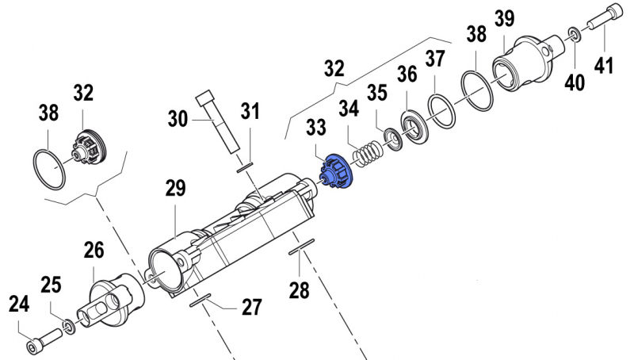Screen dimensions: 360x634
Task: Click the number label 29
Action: point(175,188)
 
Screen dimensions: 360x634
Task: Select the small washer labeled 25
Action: point(70,325)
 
